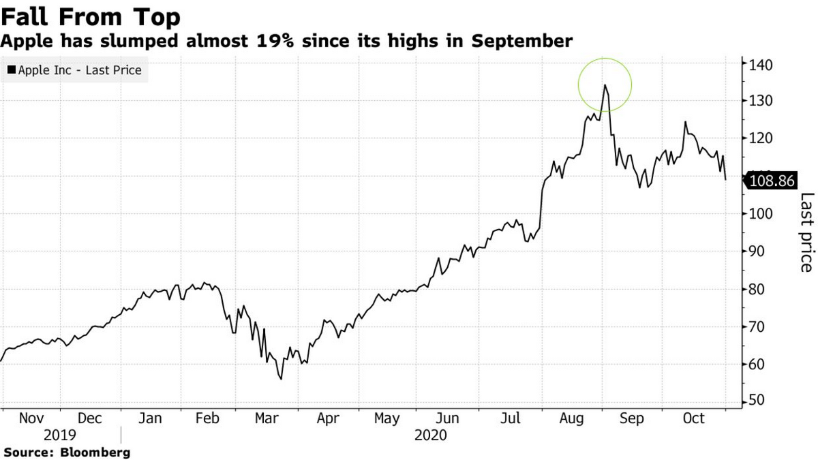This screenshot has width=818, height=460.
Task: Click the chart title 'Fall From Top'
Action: [x=90, y=16]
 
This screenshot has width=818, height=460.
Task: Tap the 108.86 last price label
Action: [x=772, y=181]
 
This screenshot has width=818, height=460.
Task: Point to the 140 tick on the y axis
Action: [x=759, y=65]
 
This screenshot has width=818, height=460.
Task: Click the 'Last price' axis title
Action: [x=806, y=232]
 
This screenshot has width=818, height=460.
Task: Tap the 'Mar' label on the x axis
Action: [x=267, y=419]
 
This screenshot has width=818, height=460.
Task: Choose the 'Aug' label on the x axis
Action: [x=572, y=419]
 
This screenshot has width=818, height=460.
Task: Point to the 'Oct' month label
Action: [x=694, y=419]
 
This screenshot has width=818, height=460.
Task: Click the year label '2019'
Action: [x=61, y=435]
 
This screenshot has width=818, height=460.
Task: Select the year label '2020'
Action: [x=430, y=435]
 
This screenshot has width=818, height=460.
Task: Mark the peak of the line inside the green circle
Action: [x=605, y=85]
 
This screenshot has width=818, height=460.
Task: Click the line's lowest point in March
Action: [x=281, y=379]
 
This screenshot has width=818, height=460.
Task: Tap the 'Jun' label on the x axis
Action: [x=448, y=419]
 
